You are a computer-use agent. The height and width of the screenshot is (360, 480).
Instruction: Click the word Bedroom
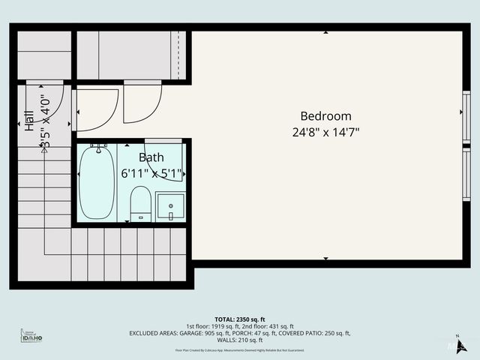click(325, 116)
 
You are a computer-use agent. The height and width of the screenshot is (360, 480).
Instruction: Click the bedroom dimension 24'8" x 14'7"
click(325, 132)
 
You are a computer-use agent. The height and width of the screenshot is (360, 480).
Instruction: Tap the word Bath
click(151, 157)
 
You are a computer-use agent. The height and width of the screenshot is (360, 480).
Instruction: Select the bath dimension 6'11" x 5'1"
click(151, 174)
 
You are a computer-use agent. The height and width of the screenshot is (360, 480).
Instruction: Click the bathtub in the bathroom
click(97, 183)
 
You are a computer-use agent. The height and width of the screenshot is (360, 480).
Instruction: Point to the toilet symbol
click(140, 204)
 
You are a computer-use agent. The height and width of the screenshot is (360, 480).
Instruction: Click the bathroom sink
click(170, 206)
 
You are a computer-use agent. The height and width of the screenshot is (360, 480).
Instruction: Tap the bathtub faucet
click(97, 145)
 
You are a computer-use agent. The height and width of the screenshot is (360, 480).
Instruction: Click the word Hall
click(29, 121)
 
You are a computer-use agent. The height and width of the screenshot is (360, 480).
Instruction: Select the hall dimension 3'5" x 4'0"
click(46, 121)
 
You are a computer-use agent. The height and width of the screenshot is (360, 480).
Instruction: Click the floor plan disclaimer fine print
click(239, 350)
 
